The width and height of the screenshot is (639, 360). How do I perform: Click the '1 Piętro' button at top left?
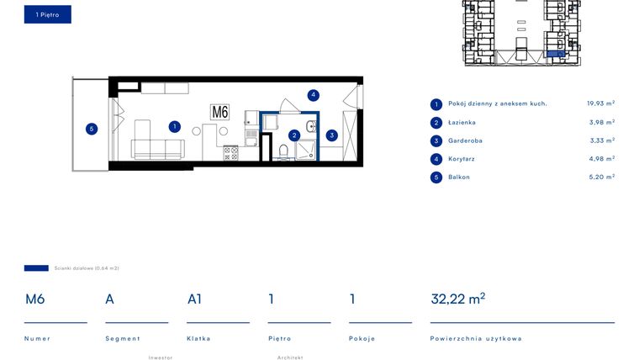[x=47, y=14]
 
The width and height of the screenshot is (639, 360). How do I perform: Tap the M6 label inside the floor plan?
[x=219, y=112]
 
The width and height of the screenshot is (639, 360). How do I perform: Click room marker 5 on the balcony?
[x=92, y=129]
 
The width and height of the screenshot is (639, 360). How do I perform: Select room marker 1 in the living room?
[x=174, y=127]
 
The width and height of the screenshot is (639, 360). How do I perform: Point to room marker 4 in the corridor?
[x=313, y=95]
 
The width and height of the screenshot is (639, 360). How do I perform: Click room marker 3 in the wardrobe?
[x=332, y=135]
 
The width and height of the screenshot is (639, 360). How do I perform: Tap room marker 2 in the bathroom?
[x=294, y=135]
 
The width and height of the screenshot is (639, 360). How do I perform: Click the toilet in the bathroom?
[x=283, y=151]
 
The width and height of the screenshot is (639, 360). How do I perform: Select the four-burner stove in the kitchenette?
[x=230, y=153]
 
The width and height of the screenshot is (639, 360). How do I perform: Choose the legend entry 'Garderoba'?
[x=466, y=140]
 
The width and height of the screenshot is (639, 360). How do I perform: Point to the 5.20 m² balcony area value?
[x=600, y=177]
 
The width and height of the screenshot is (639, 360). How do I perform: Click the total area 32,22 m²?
[x=457, y=299]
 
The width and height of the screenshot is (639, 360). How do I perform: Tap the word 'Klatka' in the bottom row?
[x=198, y=338]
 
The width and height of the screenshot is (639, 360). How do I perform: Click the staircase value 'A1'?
[x=194, y=299]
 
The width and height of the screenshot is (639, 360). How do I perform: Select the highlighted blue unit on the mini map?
[x=556, y=54]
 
